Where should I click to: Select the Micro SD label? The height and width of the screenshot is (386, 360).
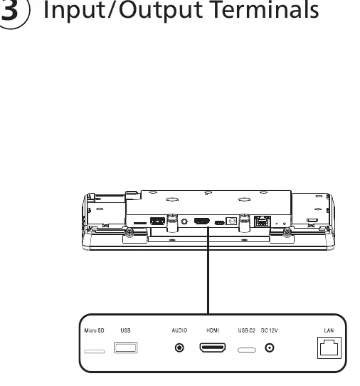pos(94,330)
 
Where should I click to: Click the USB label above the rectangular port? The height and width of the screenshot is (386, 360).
pos(125,330)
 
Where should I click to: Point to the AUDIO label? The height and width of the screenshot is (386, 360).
pos(179,330)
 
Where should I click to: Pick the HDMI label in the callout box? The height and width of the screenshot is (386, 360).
pos(213,330)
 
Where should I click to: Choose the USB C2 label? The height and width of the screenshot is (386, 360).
pos(247,330)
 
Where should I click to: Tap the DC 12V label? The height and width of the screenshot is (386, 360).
pos(269,330)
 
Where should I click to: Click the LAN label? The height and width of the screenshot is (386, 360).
pos(329,330)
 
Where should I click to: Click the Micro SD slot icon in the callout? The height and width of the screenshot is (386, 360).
pos(95,351)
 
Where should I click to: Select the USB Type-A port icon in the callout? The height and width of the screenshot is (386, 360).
pos(126,348)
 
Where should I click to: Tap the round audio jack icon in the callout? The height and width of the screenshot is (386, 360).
pos(179,348)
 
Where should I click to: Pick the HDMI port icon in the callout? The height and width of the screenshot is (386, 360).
pos(213,348)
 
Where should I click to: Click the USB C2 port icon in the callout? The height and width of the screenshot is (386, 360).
pos(247,350)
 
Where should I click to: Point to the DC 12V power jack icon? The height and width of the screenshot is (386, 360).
pos(270,348)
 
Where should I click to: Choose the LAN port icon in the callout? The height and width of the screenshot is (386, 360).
pos(329,348)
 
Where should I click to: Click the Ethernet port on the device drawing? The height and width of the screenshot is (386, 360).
pos(263,221)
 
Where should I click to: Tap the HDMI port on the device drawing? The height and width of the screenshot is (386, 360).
pos(202,221)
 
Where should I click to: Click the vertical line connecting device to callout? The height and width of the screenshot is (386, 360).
pos(208,271)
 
